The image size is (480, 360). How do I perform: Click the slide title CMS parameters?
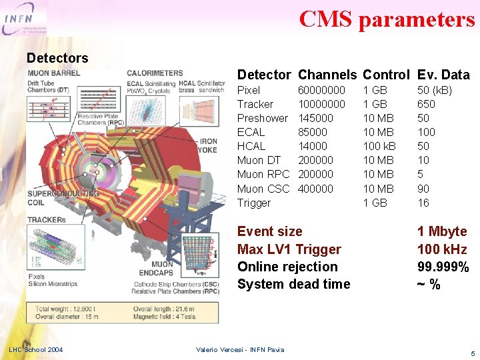tap(387, 19)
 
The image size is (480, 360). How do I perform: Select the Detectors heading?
tap(57, 58)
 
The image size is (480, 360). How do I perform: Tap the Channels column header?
tap(327, 75)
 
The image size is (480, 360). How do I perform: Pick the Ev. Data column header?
tap(443, 75)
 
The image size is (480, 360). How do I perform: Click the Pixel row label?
tap(249, 90)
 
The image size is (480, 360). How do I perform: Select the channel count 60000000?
tap(321, 90)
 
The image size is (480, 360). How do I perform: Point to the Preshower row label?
tap(263, 118)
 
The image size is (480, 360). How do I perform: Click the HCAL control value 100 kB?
tap(379, 146)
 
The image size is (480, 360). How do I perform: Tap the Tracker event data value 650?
tap(426, 104)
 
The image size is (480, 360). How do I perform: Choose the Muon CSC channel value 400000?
tap(315, 189)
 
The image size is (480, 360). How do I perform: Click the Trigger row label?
tap(254, 203)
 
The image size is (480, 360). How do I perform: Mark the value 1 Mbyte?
tap(442, 231)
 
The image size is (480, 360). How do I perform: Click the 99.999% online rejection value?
tap(443, 267)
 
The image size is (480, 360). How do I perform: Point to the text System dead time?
tap(293, 284)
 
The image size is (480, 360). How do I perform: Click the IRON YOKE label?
tap(208, 145)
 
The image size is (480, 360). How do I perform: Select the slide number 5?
tap(472, 353)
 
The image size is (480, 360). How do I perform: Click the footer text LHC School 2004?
tap(36, 350)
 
